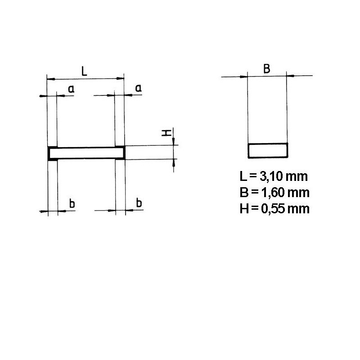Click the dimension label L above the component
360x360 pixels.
[84, 71]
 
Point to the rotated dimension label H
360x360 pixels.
[166, 133]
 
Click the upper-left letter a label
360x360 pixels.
[71, 90]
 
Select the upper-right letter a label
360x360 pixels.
[139, 89]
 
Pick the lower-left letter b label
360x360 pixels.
[72, 203]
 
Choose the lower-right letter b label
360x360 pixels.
[139, 203]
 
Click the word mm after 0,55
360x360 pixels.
[299, 209]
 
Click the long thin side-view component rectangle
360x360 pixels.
[86, 153]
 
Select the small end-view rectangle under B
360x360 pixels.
[268, 151]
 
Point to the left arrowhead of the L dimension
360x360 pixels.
[49, 79]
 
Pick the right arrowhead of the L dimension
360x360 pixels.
[121, 79]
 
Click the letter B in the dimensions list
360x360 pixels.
[244, 192]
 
